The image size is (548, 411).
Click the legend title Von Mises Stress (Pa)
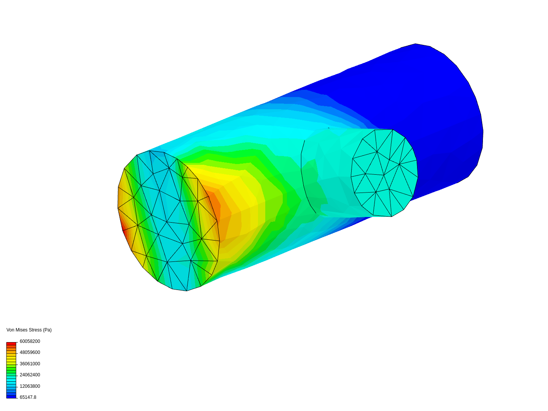pyautogui.click(x=29, y=330)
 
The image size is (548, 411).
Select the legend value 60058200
pyautogui.click(x=30, y=341)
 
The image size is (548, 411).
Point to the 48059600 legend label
pyautogui.click(x=30, y=352)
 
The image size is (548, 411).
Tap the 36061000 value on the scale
pyautogui.click(x=30, y=364)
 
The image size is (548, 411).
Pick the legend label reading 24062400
pyautogui.click(x=30, y=375)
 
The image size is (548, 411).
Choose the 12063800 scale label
pyautogui.click(x=30, y=386)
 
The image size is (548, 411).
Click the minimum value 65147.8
pyautogui.click(x=28, y=397)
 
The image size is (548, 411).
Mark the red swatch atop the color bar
pyautogui.click(x=11, y=344)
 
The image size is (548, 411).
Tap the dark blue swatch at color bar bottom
pyautogui.click(x=11, y=397)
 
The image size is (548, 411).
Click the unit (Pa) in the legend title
pyautogui.click(x=47, y=330)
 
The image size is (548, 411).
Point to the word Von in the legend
pyautogui.click(x=10, y=330)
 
